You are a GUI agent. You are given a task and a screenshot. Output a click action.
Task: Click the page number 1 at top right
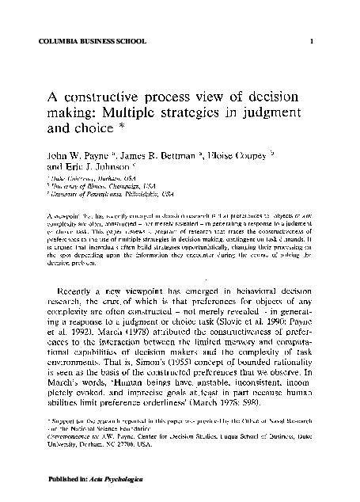coord(313,41)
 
